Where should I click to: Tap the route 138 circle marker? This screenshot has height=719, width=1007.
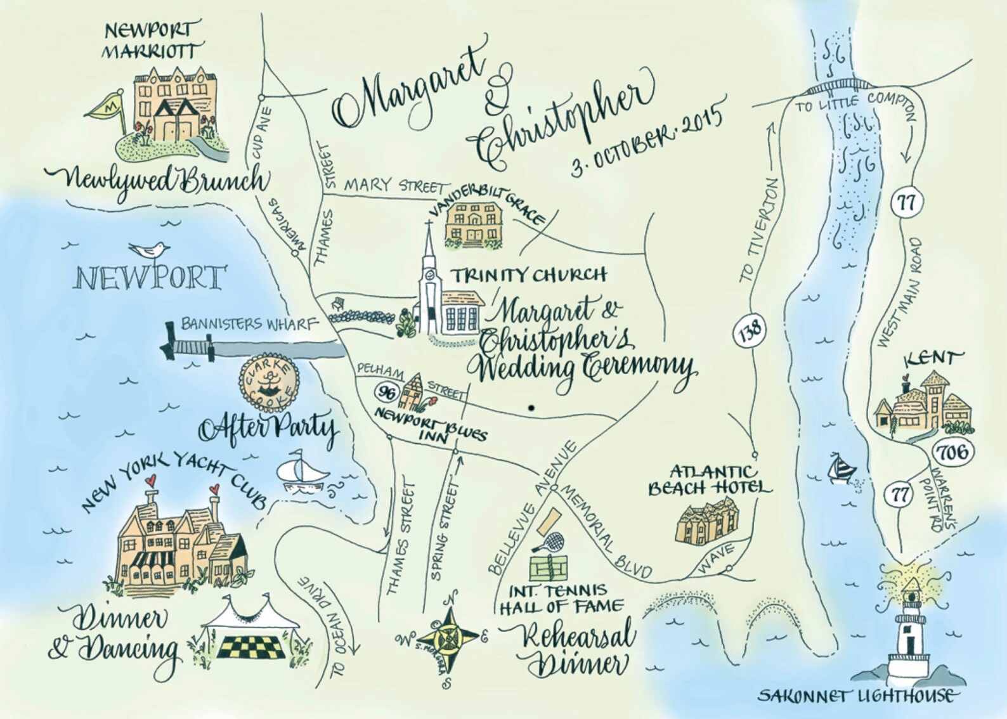click(x=751, y=330)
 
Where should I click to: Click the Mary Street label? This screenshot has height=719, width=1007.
click(x=393, y=186)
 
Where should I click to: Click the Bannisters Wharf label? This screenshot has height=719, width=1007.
click(x=248, y=324)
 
